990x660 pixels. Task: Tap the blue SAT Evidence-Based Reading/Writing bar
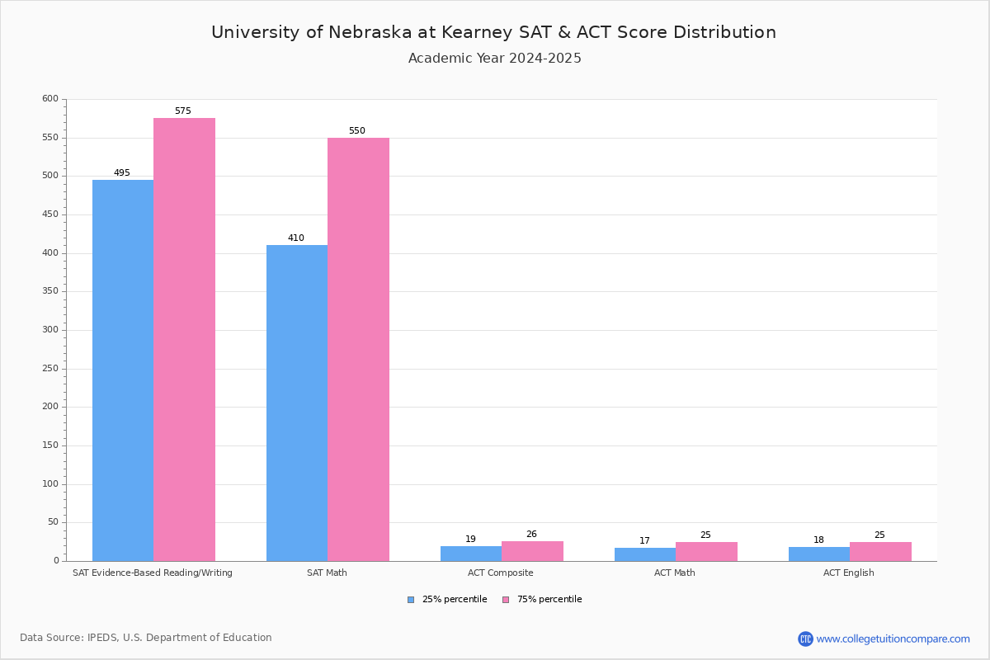click(123, 370)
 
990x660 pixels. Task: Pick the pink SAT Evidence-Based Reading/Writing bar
click(184, 339)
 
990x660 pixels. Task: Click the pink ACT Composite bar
click(532, 551)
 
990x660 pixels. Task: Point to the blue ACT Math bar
click(645, 554)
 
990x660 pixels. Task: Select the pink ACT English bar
click(880, 551)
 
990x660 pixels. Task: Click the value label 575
click(182, 111)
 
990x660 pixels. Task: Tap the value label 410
click(296, 238)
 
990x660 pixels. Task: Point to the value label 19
click(470, 540)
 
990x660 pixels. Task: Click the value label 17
click(644, 541)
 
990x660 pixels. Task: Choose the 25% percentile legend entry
click(447, 600)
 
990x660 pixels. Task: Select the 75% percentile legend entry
click(542, 600)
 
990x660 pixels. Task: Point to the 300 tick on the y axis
click(50, 330)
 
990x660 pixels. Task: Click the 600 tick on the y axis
click(50, 99)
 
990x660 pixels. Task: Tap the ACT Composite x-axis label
click(501, 573)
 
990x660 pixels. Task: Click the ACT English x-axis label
click(849, 573)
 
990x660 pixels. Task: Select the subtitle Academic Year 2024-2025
click(495, 59)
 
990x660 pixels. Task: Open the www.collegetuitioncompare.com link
click(893, 639)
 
